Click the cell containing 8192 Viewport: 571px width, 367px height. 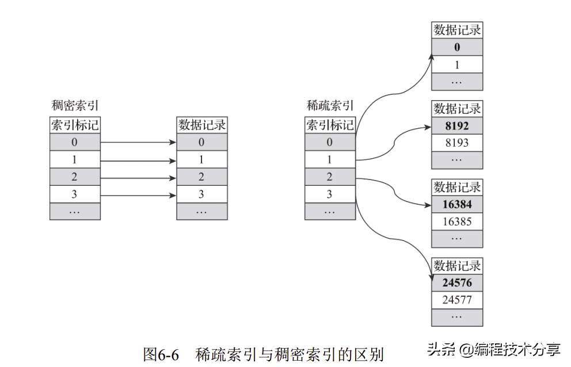click(457, 125)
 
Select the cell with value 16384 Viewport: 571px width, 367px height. click(457, 204)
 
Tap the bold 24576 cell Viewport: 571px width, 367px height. click(457, 283)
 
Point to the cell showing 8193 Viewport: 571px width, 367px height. click(457, 143)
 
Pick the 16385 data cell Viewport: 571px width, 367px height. click(457, 221)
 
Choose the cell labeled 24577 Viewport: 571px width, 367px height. click(457, 300)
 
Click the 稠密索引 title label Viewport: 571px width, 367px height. click(74, 105)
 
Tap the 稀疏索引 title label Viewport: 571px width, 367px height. click(330, 105)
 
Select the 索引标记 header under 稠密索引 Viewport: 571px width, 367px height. click(75, 125)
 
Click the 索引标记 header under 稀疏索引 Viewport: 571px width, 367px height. click(330, 125)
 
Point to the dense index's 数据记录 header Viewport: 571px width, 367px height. click(201, 125)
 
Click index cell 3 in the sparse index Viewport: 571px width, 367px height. click(330, 194)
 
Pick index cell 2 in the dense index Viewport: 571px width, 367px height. click(75, 177)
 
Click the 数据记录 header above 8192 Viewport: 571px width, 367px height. click(457, 108)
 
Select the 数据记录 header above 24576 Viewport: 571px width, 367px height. click(457, 266)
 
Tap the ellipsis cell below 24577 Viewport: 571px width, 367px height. click(457, 317)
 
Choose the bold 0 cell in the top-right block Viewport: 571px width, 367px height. click(457, 47)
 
